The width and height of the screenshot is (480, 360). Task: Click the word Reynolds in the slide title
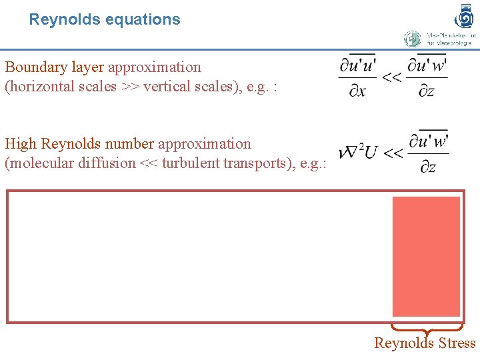pos(59,19)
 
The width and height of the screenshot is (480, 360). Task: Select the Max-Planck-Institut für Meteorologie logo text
pos(448,39)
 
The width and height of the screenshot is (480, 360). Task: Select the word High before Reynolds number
pos(20,144)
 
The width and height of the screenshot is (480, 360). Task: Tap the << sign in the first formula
pos(391,78)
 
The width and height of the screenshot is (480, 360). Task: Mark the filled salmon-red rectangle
pos(426,256)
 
